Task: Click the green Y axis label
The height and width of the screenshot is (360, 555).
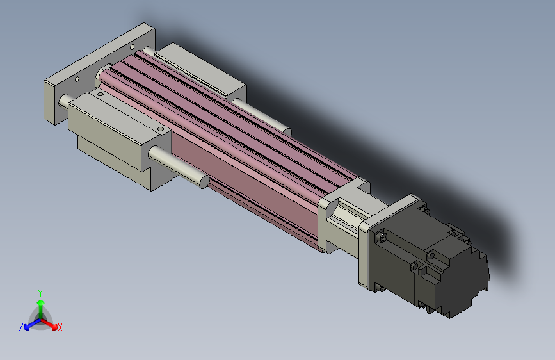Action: (x=40, y=291)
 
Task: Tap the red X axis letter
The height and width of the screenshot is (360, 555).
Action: (x=60, y=327)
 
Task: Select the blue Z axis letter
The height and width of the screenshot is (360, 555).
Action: (x=21, y=327)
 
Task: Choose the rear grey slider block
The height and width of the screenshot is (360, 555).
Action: (x=205, y=70)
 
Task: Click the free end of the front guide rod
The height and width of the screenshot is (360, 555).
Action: (x=204, y=181)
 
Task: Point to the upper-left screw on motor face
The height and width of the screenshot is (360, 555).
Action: (x=383, y=238)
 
